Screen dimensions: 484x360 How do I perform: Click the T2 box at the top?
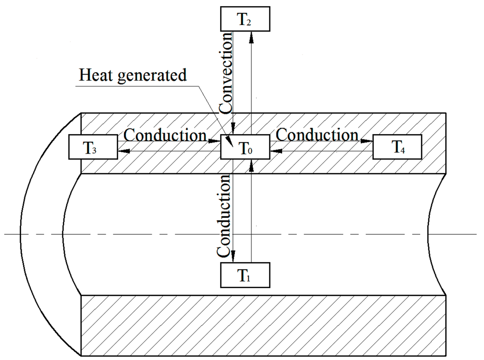coord(245,19)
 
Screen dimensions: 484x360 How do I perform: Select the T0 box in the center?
coord(245,147)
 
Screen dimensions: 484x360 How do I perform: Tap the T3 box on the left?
coord(93,147)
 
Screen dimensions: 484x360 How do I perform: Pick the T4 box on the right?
coord(397,147)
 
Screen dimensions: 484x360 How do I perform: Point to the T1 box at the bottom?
coord(245,275)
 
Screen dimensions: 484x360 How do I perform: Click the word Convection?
coord(225,72)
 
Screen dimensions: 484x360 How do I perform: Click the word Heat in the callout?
coord(95,75)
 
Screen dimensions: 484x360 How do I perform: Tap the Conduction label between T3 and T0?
coord(165,135)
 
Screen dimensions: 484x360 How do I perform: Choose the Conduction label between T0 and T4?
coord(317,135)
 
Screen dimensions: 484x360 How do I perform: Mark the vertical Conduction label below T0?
coord(224,216)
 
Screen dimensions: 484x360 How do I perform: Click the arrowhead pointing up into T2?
coord(251,38)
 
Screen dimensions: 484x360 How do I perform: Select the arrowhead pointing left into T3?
coord(124,151)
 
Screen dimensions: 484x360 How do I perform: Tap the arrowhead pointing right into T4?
coord(367,141)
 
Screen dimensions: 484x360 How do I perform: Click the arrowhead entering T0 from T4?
coord(276,151)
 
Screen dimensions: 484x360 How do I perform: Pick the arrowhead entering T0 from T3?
coord(215,141)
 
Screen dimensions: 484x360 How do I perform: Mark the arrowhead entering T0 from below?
coord(251,166)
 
